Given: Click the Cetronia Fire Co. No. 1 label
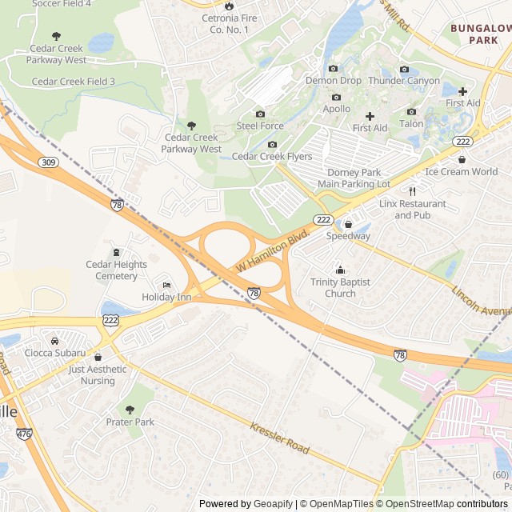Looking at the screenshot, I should point(230,24).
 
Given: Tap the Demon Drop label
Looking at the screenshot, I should point(334,81).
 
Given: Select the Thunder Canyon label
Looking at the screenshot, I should point(404,81).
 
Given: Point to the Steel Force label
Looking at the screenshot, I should point(260,126).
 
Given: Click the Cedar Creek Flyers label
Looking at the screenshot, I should point(272,157).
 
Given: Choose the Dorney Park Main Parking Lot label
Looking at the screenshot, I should point(358,178).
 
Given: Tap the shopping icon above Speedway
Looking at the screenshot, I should point(348,224).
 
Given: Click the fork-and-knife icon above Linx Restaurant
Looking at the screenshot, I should point(413,191).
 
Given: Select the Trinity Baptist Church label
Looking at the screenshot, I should point(340,287).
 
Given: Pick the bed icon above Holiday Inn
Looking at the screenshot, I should point(166,285).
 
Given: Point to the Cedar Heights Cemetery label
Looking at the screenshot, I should point(117,270).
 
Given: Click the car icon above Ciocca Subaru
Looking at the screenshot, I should point(55,341).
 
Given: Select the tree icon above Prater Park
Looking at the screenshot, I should point(130,410).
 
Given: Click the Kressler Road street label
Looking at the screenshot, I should point(279,438).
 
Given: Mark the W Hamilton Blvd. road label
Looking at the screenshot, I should point(273,253).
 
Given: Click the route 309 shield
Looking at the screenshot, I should point(47,162).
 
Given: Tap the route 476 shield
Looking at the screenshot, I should point(24,434).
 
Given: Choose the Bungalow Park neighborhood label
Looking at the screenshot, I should point(480,34).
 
